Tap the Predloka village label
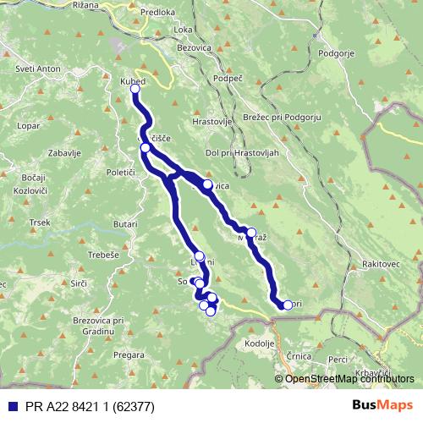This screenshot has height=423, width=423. pos(158,13)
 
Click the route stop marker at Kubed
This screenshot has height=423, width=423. pos(135,88)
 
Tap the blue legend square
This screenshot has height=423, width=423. pos(9,405)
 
